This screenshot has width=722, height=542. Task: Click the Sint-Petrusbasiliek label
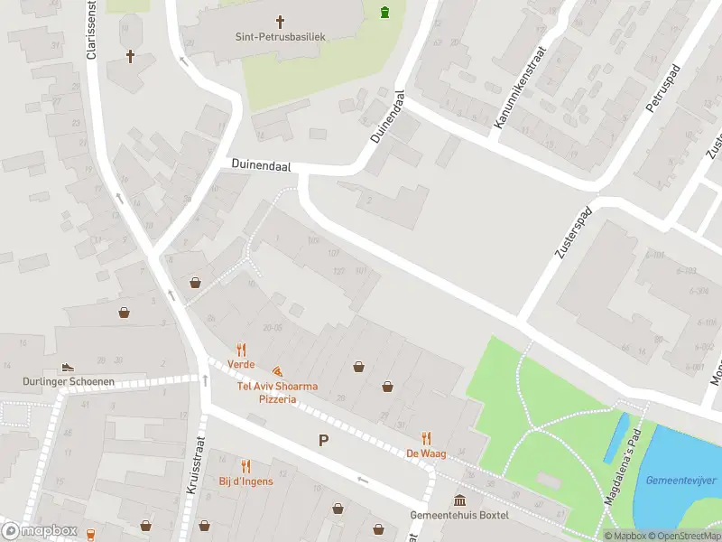[280, 38]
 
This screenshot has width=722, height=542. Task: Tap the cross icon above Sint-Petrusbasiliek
[280, 22]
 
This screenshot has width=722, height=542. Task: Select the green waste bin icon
[385, 13]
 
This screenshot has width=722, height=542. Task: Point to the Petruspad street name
[662, 87]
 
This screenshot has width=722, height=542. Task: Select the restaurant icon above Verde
[241, 350]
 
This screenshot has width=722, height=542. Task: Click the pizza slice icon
[277, 371]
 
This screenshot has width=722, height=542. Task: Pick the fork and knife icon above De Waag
[427, 438]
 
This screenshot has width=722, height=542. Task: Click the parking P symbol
[323, 440]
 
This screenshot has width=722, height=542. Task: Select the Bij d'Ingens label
[245, 481]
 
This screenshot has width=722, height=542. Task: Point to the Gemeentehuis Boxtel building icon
[460, 500]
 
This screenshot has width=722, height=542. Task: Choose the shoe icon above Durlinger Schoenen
[67, 368]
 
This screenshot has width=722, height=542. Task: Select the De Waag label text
[422, 453]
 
